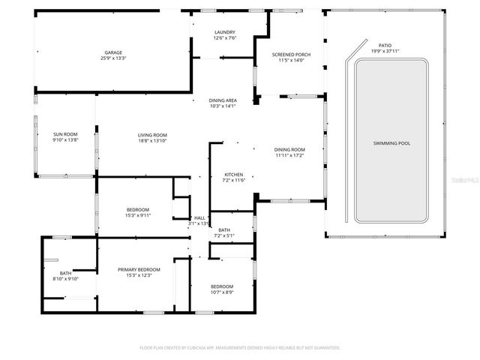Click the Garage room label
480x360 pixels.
click(113, 52)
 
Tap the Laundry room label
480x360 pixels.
click(224, 32)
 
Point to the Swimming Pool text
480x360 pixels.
click(391, 143)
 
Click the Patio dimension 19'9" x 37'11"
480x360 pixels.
click(385, 51)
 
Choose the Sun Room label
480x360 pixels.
click(65, 135)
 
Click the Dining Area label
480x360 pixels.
click(223, 100)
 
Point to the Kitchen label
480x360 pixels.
click(234, 175)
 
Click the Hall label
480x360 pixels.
click(199, 217)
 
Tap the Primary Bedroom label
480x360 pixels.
click(139, 269)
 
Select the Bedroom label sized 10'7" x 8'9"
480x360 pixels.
click(221, 286)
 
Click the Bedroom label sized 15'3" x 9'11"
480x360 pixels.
click(137, 209)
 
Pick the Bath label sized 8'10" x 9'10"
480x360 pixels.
click(66, 273)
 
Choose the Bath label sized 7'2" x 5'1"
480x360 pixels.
click(224, 230)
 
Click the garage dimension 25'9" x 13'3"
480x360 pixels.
click(113, 58)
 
